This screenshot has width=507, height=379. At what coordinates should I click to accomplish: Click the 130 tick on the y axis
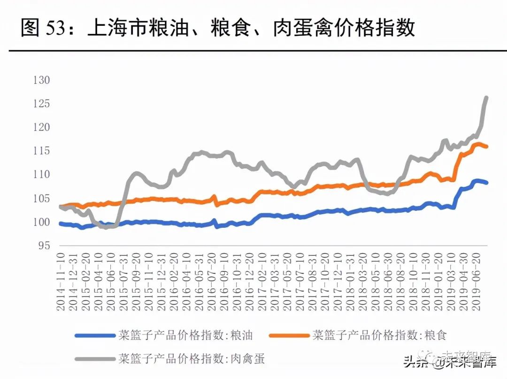click(x=41, y=80)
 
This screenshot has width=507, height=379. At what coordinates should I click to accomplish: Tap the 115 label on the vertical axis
click(x=41, y=151)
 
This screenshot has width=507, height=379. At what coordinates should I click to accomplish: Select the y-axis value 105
click(x=41, y=198)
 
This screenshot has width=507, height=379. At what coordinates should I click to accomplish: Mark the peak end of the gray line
click(x=486, y=98)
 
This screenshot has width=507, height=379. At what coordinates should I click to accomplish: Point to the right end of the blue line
click(x=487, y=183)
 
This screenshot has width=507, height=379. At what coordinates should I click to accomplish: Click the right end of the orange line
click(x=487, y=147)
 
